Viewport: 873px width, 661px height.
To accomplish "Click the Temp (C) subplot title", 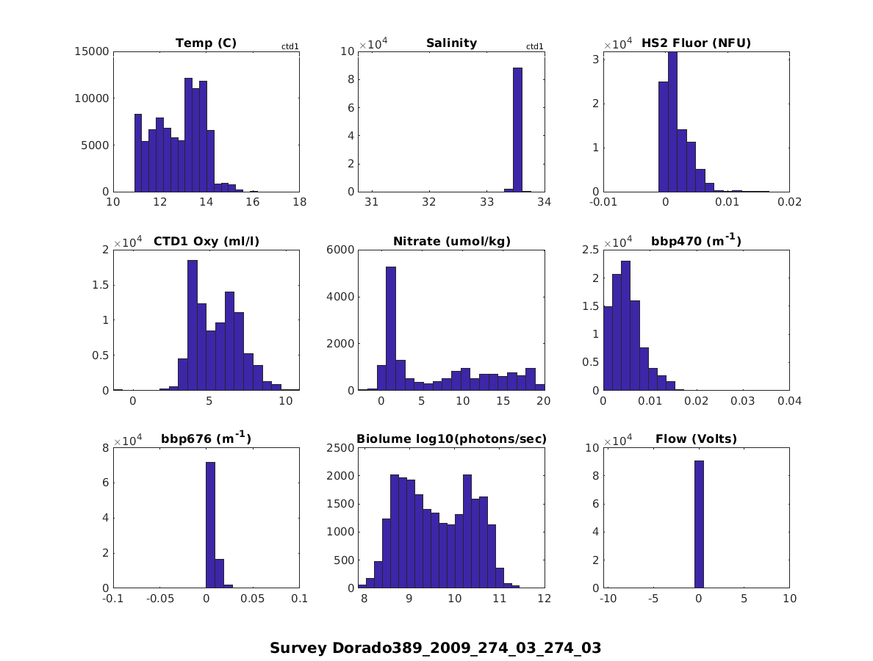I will pyautogui.click(x=206, y=43).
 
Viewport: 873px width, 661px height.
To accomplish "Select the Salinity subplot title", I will pyautogui.click(x=451, y=43).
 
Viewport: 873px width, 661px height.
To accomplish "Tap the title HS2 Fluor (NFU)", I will pyautogui.click(x=696, y=43).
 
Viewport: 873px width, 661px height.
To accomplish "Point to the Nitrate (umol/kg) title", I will pyautogui.click(x=451, y=241).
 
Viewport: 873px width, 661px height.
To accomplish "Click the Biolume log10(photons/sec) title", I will pyautogui.click(x=451, y=439).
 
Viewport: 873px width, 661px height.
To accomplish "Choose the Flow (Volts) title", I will pyautogui.click(x=696, y=439).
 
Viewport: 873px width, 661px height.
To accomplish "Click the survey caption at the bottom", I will pyautogui.click(x=435, y=648).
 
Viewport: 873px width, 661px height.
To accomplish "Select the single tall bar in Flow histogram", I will pyautogui.click(x=699, y=524).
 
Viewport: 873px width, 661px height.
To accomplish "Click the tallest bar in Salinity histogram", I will pyautogui.click(x=517, y=129).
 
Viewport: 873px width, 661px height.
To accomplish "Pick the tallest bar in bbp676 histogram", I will pyautogui.click(x=210, y=524).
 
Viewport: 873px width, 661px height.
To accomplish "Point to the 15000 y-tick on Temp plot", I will pyautogui.click(x=93, y=51).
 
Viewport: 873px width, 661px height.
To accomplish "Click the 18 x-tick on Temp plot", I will pyautogui.click(x=299, y=203).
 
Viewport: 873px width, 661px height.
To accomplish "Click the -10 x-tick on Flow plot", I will pyautogui.click(x=608, y=599).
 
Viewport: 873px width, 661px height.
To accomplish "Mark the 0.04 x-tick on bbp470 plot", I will pyautogui.click(x=789, y=401).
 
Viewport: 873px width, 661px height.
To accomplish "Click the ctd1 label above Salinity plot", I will pyautogui.click(x=535, y=47).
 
